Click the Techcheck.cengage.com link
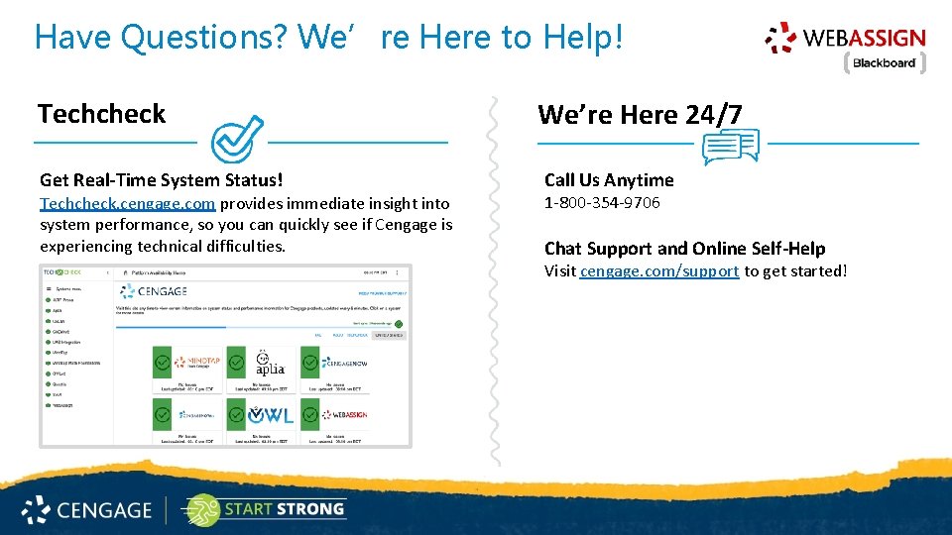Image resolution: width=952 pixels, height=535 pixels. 127,203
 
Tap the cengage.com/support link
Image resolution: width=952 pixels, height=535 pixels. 659,270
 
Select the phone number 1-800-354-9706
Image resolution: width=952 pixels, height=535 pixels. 602,203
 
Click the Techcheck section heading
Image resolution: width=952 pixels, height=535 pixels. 102,114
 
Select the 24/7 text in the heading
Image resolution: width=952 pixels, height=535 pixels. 713,115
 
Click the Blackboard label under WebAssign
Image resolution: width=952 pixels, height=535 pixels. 884,63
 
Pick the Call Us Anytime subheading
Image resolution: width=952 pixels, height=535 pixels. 609,179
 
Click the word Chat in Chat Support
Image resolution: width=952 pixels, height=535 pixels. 563,249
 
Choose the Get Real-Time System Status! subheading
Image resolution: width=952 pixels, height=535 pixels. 162,179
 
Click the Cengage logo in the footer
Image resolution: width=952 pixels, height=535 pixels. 87,510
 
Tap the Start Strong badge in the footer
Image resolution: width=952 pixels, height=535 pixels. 264,509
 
